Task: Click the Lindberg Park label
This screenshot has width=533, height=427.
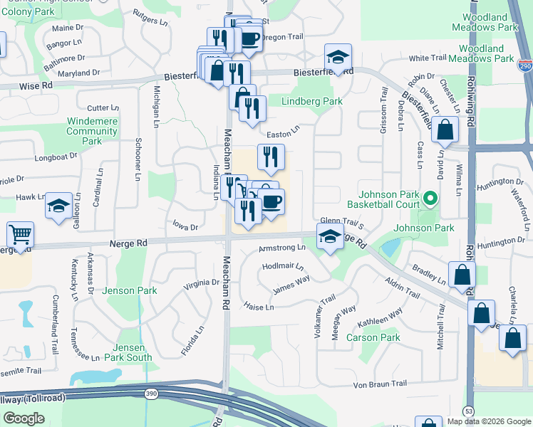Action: pos(312,102)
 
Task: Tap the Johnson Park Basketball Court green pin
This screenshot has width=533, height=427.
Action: pos(430,198)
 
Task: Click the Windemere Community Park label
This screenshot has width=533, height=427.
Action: pos(92,131)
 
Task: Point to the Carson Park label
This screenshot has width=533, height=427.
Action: pos(373,337)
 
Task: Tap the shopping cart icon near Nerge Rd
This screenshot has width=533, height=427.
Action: pos(20,234)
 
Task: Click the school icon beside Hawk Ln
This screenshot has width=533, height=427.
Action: pos(58,206)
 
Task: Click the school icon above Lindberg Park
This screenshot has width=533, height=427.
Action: pos(338,57)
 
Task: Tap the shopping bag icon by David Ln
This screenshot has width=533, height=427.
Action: pos(445,130)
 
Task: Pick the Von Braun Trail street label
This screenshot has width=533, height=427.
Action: pos(381,384)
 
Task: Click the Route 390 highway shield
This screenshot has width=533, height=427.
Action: pos(150,394)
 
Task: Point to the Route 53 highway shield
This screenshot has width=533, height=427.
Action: pos(468,411)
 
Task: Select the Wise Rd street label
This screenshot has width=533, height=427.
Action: pos(37,84)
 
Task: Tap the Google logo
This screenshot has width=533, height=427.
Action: pos(24,418)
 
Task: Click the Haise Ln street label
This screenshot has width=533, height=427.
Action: pos(259,307)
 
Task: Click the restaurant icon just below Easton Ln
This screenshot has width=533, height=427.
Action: pos(270,157)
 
